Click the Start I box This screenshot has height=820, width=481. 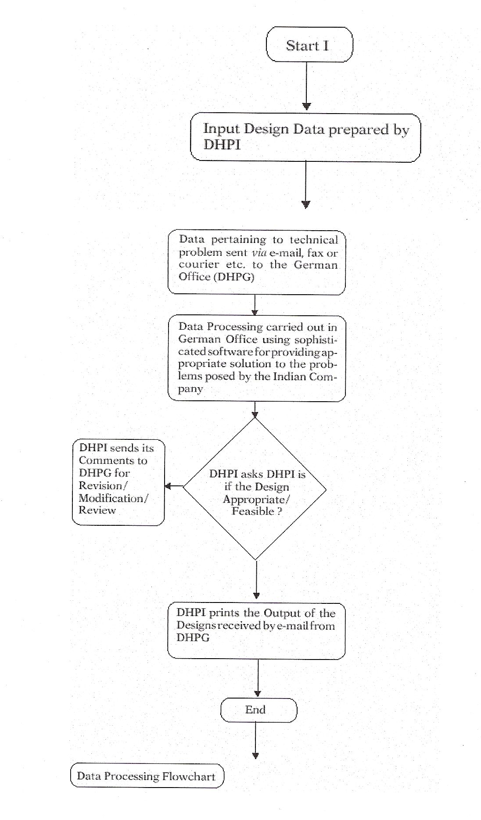point(309,45)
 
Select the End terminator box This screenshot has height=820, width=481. point(258,709)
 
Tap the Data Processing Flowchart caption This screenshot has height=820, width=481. point(147,776)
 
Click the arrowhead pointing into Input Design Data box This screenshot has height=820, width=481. point(307,106)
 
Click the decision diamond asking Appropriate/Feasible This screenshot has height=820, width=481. point(255,488)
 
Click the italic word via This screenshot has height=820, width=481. point(259,253)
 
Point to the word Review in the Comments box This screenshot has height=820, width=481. point(97,510)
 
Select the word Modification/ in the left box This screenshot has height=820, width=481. point(113,498)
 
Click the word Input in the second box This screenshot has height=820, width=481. point(221,129)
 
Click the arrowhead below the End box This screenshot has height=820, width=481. point(255,755)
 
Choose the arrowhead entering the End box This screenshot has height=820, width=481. point(258,693)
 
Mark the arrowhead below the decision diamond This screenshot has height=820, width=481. point(256,595)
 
